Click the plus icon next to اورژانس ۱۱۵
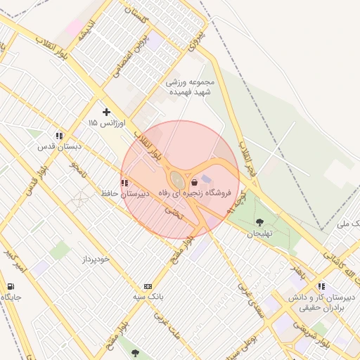(x=106, y=111)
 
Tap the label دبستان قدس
(x=60, y=147)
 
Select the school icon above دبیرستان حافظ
(x=124, y=183)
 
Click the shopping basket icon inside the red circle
(x=194, y=182)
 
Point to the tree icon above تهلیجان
(x=260, y=223)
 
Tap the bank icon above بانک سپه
(x=148, y=286)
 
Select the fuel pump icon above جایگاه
(x=11, y=286)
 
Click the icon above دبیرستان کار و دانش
(x=321, y=286)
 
